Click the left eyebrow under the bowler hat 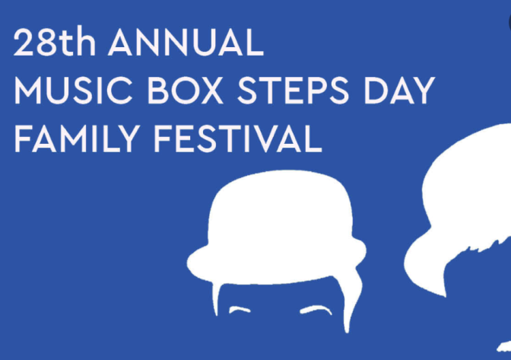click(240, 310)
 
